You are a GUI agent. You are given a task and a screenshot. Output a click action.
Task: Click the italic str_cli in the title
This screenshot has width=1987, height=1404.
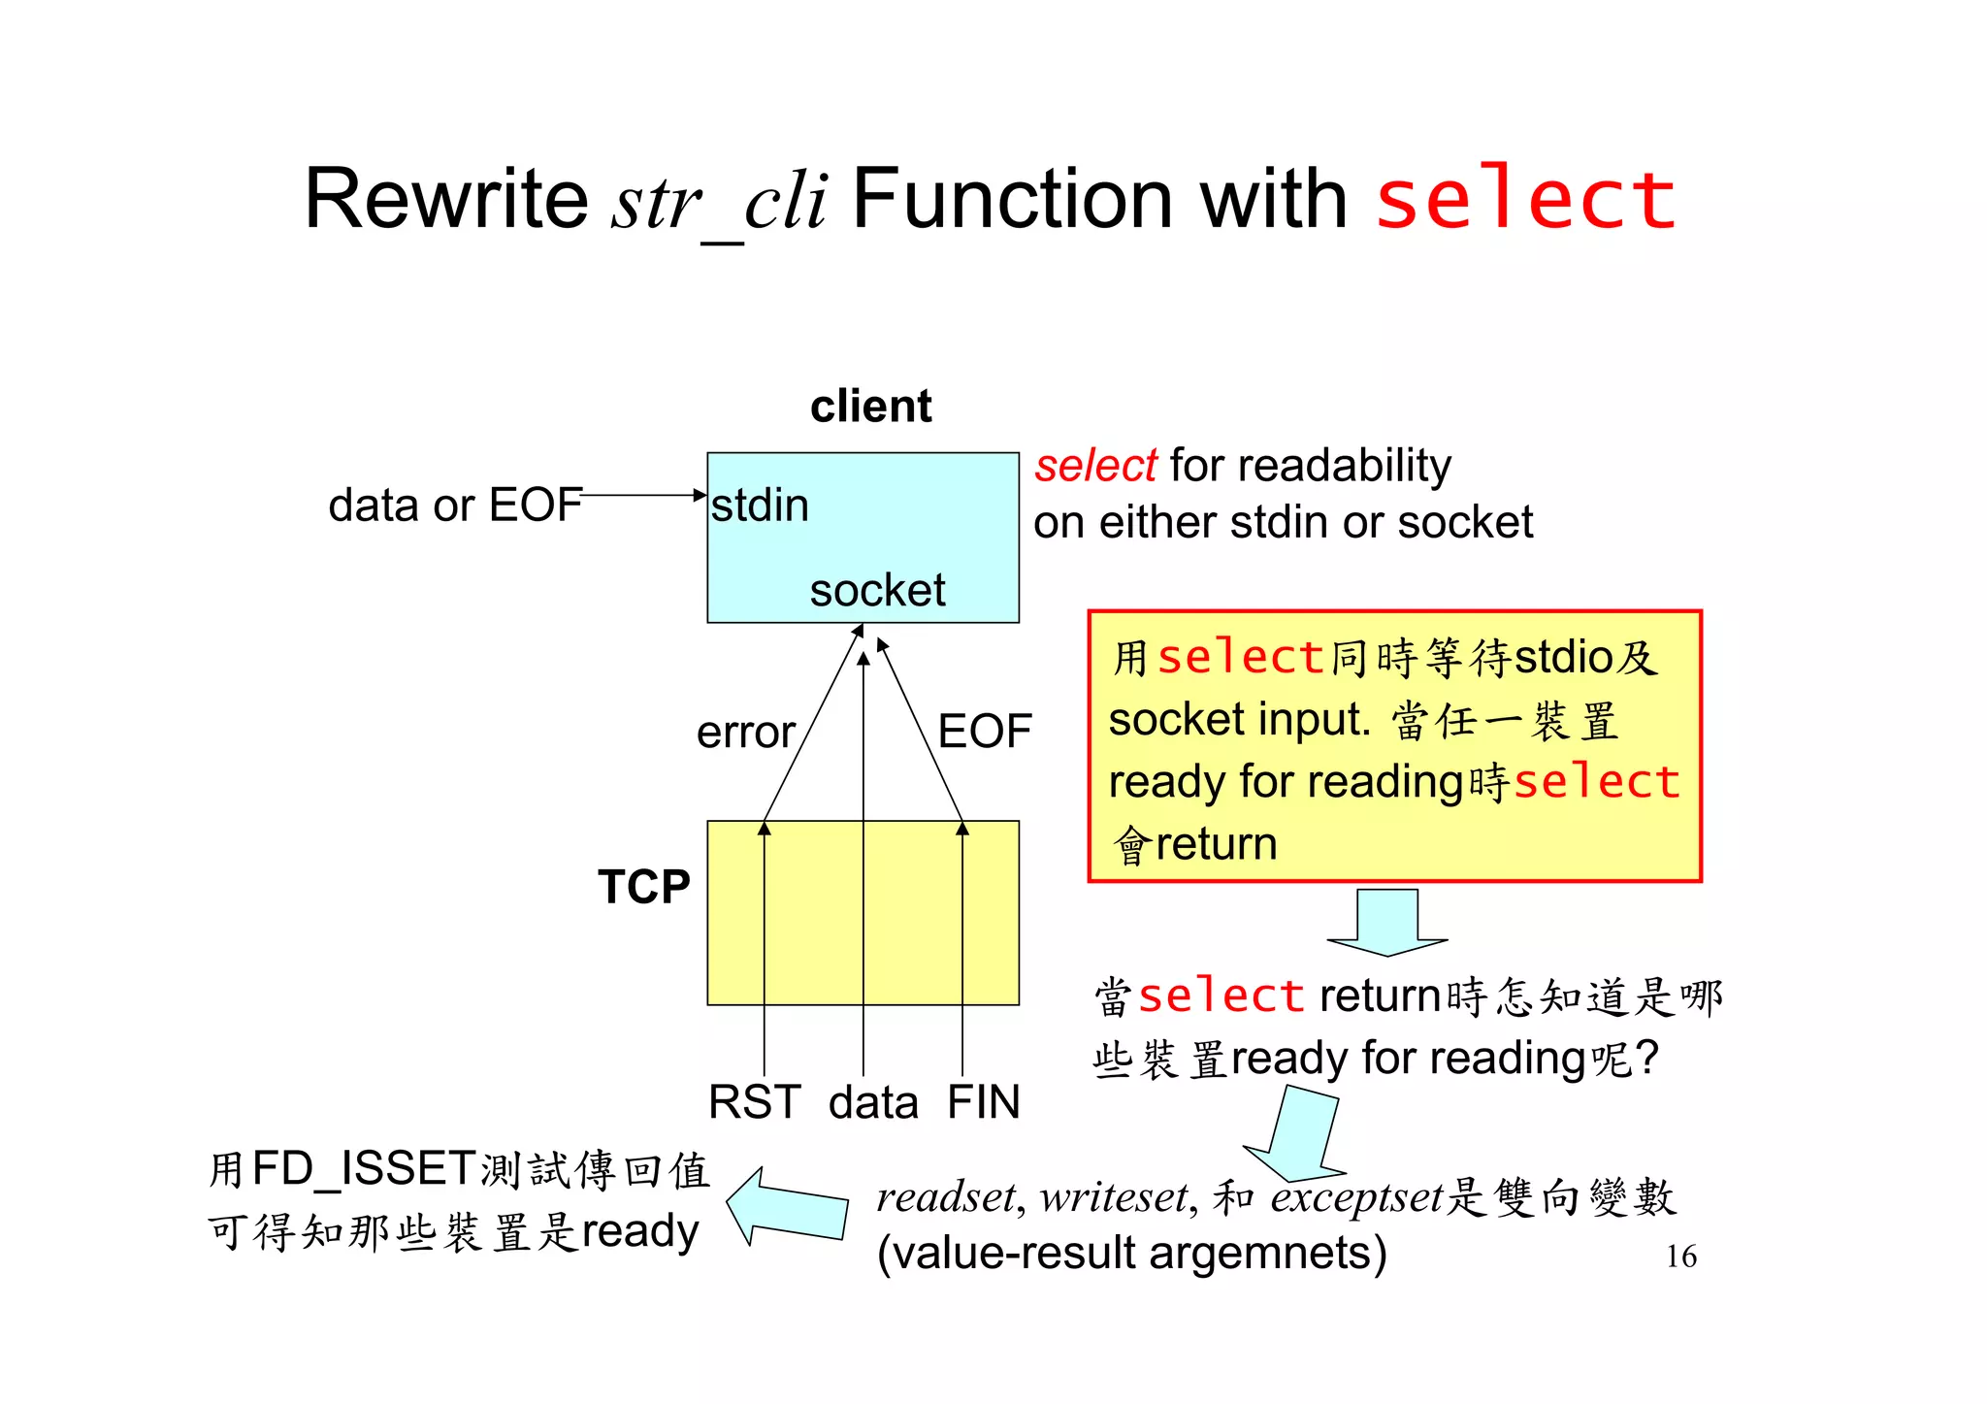click(x=719, y=201)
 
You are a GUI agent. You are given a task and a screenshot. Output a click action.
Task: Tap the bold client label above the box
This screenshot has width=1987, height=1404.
click(x=870, y=406)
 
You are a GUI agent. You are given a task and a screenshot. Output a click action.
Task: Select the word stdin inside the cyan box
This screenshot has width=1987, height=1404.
click(x=760, y=506)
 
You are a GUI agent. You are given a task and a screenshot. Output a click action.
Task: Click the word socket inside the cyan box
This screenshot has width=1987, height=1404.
click(x=877, y=590)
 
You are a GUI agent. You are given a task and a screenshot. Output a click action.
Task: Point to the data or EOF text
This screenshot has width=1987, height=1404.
click(x=455, y=506)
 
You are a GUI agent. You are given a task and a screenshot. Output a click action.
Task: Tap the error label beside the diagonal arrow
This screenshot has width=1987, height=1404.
click(x=745, y=732)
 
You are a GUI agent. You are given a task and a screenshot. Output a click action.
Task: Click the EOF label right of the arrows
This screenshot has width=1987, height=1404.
click(x=984, y=731)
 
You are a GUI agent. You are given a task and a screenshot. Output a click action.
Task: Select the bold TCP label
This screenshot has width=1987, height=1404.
click(x=643, y=886)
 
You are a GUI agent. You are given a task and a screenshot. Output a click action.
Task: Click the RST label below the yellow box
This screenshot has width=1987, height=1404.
click(x=754, y=1102)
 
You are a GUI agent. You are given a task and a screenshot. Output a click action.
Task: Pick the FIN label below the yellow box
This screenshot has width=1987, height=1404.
click(x=983, y=1102)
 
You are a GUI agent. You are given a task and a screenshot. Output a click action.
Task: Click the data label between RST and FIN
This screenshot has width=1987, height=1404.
click(x=872, y=1103)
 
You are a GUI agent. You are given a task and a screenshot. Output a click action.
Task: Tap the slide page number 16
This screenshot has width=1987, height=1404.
click(x=1680, y=1256)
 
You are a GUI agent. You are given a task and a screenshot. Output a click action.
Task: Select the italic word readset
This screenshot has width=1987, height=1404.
click(x=946, y=1196)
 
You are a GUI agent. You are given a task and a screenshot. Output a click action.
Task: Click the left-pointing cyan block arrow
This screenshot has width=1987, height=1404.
click(x=786, y=1205)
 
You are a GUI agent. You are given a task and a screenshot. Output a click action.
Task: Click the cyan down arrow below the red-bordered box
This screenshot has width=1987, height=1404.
click(x=1387, y=922)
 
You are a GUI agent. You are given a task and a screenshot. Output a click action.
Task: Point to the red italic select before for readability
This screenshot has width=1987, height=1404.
click(x=1095, y=466)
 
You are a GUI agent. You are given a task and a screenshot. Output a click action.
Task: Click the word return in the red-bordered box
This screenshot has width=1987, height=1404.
click(x=1216, y=843)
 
